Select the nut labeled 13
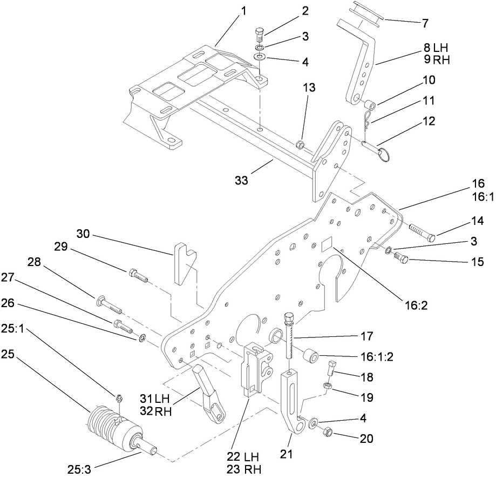click(x=301, y=145)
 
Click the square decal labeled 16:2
click(x=325, y=246)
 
